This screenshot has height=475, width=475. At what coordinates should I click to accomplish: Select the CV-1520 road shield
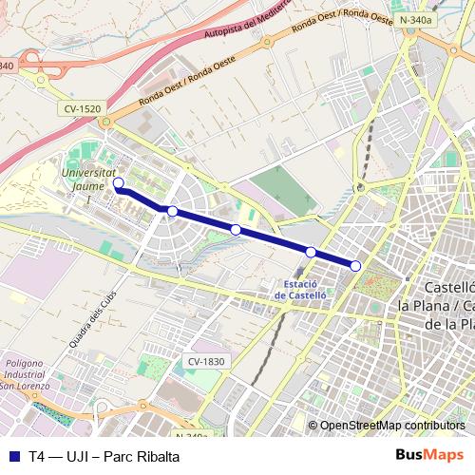pyautogui.click(x=83, y=109)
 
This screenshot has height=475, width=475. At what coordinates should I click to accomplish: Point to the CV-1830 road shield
pyautogui.click(x=206, y=361)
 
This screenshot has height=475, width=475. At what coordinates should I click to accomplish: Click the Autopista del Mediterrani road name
pyautogui.click(x=249, y=28)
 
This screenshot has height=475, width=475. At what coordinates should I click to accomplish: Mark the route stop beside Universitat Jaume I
pyautogui.click(x=119, y=183)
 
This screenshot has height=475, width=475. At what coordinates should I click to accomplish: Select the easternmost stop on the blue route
pyautogui.click(x=355, y=266)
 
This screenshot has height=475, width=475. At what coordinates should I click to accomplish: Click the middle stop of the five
pyautogui.click(x=236, y=229)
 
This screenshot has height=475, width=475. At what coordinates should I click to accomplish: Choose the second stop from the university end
pyautogui.click(x=172, y=211)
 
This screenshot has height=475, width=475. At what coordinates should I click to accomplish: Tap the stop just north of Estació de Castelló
pyautogui.click(x=311, y=252)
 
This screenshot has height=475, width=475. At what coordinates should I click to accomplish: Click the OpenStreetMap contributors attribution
pyautogui.click(x=391, y=426)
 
